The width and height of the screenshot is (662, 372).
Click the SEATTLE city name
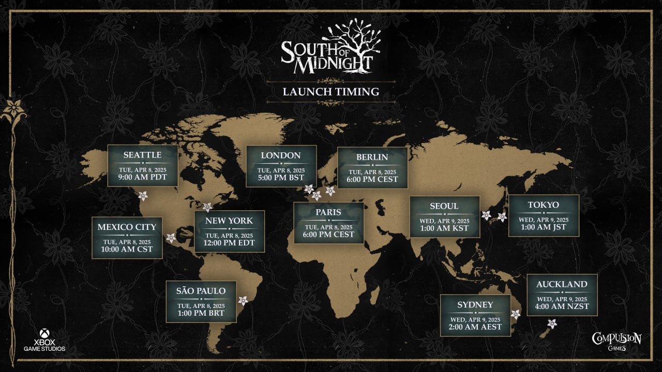(143, 155)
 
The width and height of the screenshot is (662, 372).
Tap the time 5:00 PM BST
(281, 178)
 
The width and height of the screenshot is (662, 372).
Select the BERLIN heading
(372, 157)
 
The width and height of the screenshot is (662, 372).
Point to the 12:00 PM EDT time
(229, 243)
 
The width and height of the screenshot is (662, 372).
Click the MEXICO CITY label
(127, 227)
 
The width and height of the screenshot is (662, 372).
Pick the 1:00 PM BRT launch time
(201, 314)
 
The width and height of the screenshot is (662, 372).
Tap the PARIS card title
(328, 212)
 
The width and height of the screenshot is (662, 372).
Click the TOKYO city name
(543, 205)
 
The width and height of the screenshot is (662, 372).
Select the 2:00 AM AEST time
(475, 327)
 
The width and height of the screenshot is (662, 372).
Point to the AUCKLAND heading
(562, 284)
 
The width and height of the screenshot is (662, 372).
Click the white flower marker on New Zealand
(552, 324)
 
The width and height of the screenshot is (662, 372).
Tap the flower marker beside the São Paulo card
(243, 301)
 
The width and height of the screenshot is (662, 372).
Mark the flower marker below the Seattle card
(143, 196)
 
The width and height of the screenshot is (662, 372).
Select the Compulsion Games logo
(616, 342)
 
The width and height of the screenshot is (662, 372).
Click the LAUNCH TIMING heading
(330, 92)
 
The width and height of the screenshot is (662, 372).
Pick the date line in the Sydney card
(475, 318)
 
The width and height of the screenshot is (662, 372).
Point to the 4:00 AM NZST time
(562, 307)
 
